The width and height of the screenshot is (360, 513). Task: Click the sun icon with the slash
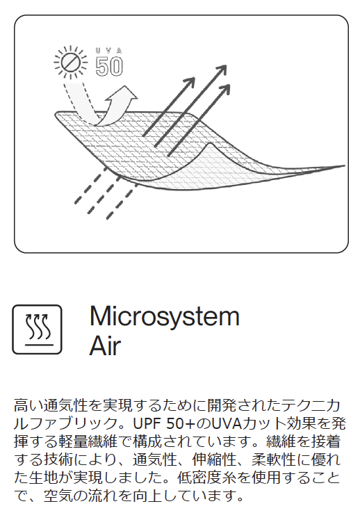pyautogui.click(x=71, y=63)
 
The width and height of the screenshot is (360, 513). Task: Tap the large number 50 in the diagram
pyautogui.click(x=109, y=67)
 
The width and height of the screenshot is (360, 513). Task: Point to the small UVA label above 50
pyautogui.click(x=109, y=51)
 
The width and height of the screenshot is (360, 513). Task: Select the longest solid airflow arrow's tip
pyautogui.click(x=227, y=65)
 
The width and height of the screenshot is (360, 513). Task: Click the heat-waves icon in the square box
pyautogui.click(x=38, y=329)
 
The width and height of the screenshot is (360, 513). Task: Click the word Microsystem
pyautogui.click(x=165, y=317)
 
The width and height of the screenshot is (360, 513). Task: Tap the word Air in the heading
pyautogui.click(x=105, y=346)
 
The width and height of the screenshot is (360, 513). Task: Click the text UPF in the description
pyautogui.click(x=146, y=424)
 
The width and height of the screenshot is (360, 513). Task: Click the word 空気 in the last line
pyautogui.click(x=58, y=496)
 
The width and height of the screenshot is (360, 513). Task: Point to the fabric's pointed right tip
pyautogui.click(x=345, y=166)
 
